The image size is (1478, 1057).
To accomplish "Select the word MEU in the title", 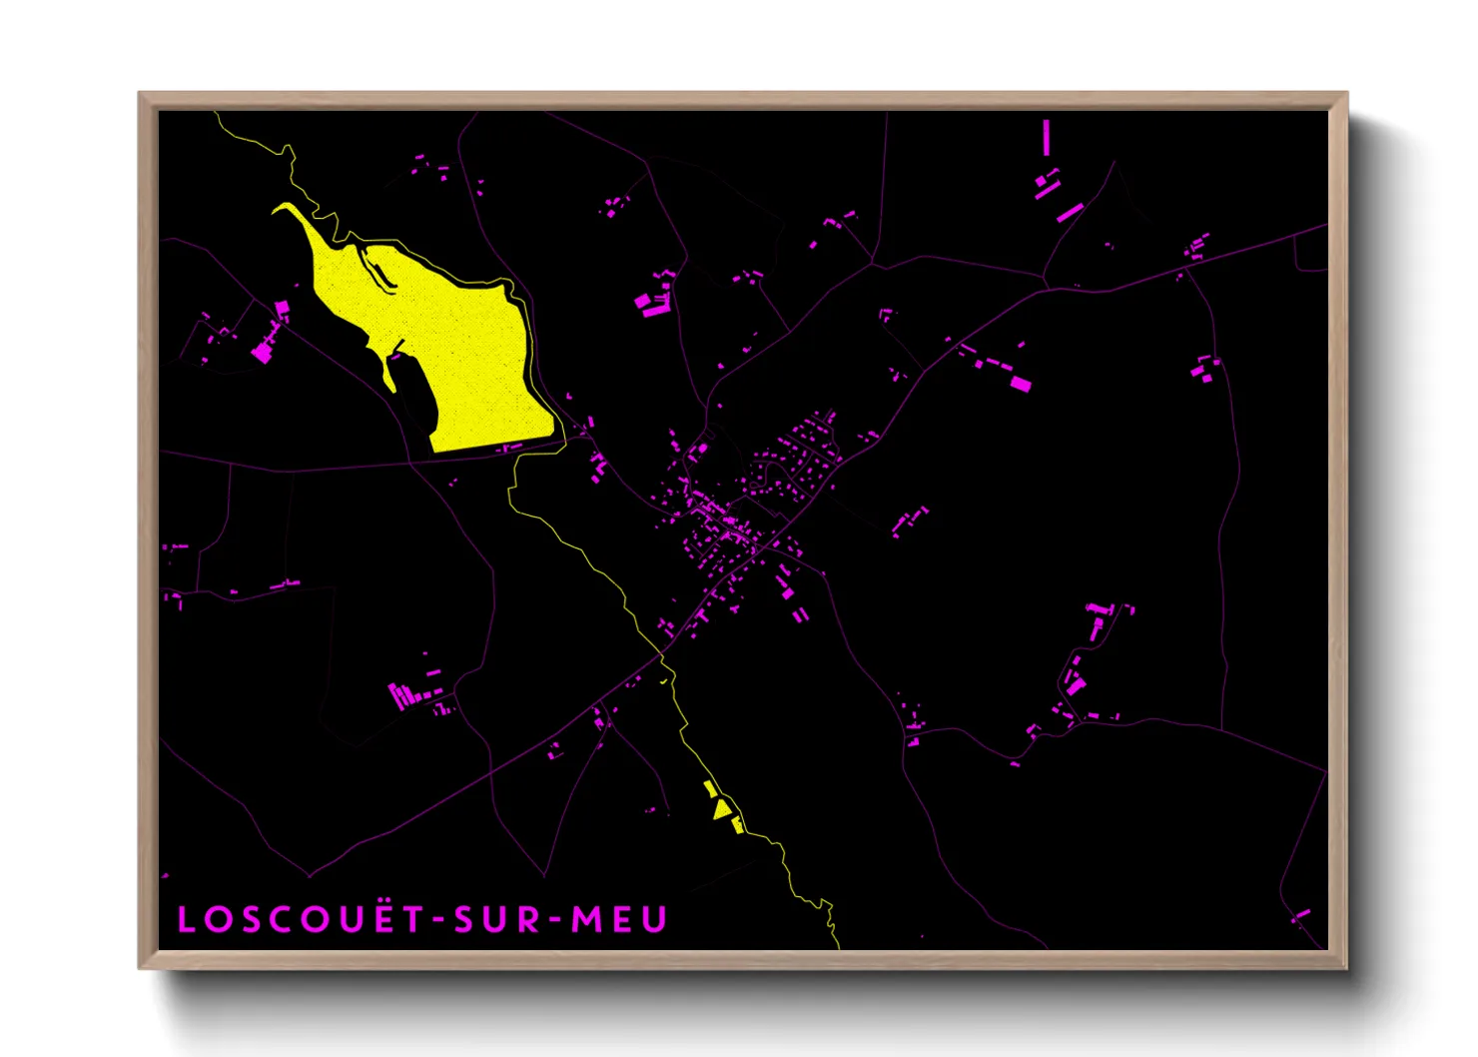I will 618,919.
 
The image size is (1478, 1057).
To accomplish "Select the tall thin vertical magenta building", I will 1046,138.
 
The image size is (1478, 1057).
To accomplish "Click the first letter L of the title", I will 187,919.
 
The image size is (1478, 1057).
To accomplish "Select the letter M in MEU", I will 584,919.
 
